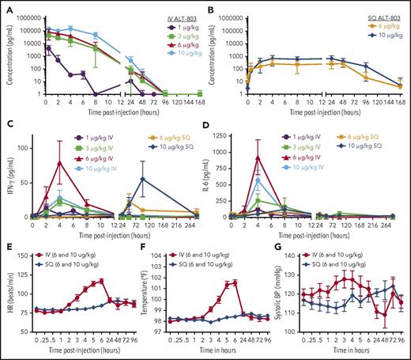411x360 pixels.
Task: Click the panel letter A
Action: (6, 6)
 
